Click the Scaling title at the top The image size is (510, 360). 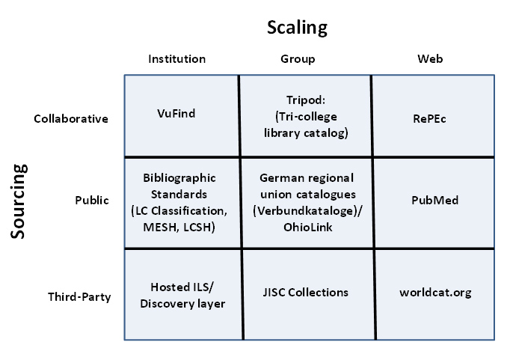click(297, 28)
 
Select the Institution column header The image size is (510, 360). click(176, 59)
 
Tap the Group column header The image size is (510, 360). click(298, 59)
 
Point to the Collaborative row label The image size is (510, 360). click(72, 119)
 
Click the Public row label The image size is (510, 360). click(92, 201)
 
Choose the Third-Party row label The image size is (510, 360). click(79, 296)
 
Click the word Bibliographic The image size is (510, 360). click(179, 178)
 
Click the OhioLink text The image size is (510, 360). click(307, 227)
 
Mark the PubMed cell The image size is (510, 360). click(434, 201)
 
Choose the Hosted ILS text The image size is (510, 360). click(179, 287)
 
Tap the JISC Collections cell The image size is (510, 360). click(305, 293)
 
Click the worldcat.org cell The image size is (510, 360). click(435, 293)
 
